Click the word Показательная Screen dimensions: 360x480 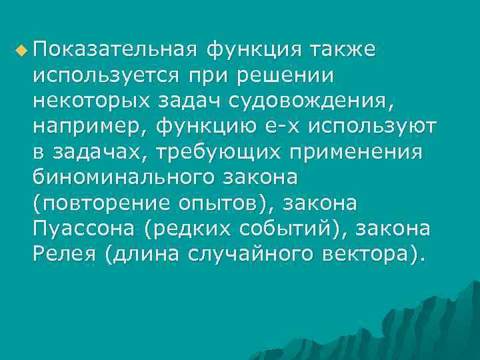pos(113,50)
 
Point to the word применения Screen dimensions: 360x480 pos(357,153)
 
